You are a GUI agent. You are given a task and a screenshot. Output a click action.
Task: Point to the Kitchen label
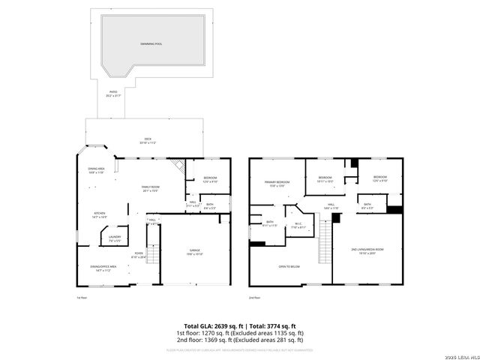[x=99, y=215]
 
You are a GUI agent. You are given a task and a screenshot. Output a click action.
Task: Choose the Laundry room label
[x=115, y=239]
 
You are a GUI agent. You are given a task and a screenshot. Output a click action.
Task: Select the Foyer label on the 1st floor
[x=139, y=256]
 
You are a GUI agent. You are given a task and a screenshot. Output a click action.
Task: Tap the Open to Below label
[x=289, y=266]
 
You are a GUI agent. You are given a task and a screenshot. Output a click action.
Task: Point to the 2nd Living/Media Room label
[x=367, y=251]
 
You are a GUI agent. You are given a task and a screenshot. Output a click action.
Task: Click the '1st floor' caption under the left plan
[x=82, y=298]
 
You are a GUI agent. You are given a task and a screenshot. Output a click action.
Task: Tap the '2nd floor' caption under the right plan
[x=255, y=298]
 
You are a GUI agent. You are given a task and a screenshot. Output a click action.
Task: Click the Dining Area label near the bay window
[x=96, y=170]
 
